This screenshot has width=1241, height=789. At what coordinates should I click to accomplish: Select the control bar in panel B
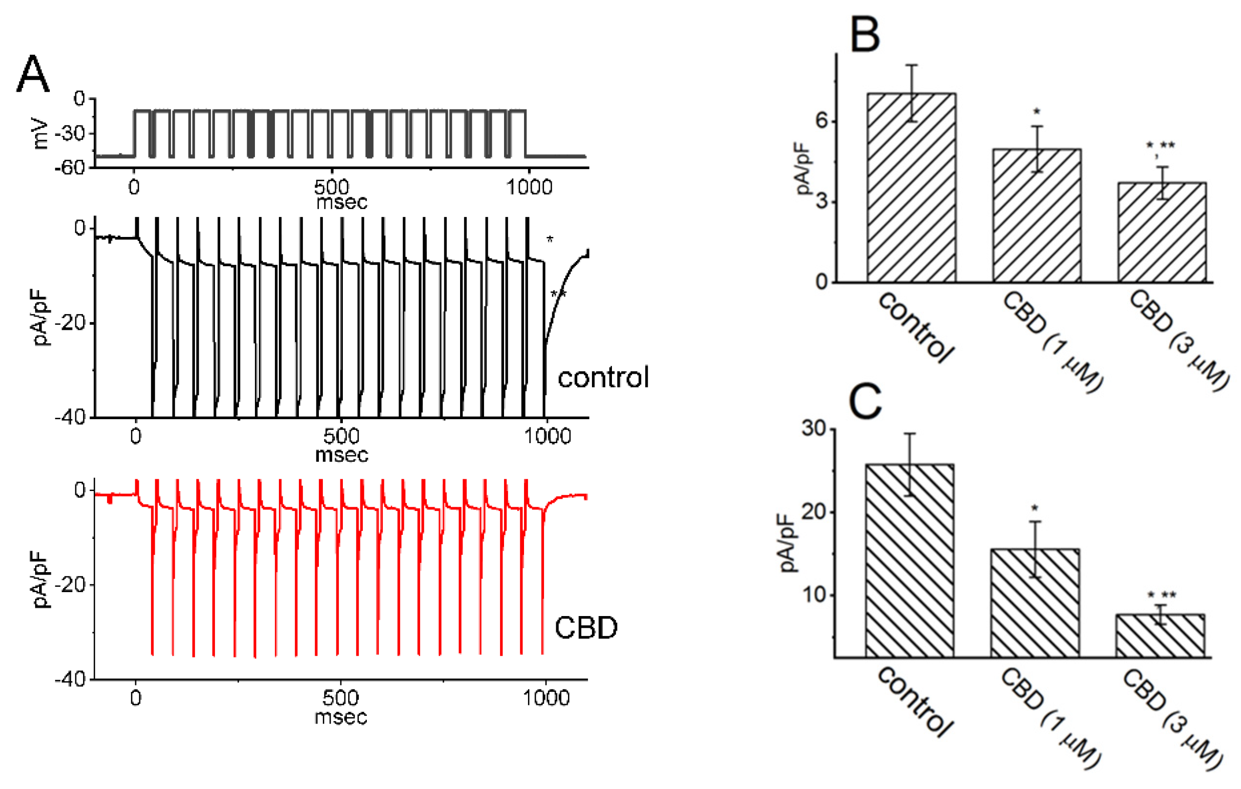pos(911,188)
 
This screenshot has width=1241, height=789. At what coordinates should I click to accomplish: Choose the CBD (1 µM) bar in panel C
pos(1035,603)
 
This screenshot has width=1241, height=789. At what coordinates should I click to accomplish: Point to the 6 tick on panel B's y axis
pos(821,121)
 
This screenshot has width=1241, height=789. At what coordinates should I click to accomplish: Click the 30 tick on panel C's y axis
pos(814,428)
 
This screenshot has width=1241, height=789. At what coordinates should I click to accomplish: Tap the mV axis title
pos(40,134)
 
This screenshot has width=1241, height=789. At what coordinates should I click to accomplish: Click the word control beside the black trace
pos(603,378)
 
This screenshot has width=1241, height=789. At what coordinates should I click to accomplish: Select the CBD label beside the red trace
pos(586,628)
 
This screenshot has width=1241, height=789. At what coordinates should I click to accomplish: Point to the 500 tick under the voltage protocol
pos(332,187)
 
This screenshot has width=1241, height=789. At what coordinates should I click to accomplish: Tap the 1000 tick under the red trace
pos(547,698)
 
